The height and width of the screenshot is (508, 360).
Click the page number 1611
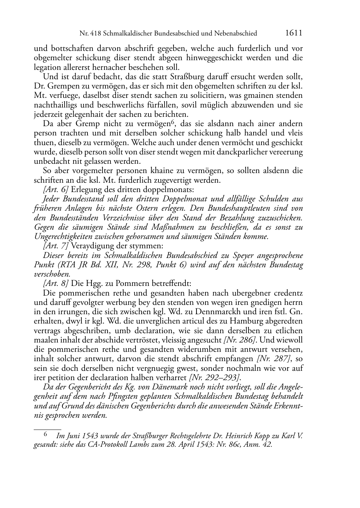coord(294,33)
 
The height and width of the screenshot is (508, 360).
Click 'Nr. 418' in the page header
coord(90,34)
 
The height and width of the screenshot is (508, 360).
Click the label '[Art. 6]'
coord(56,190)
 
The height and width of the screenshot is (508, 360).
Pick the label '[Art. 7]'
coord(56,246)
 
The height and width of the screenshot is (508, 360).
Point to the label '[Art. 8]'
coord(56,283)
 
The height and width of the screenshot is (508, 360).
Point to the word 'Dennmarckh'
coord(237,312)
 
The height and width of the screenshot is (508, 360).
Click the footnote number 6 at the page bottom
coord(46,435)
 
